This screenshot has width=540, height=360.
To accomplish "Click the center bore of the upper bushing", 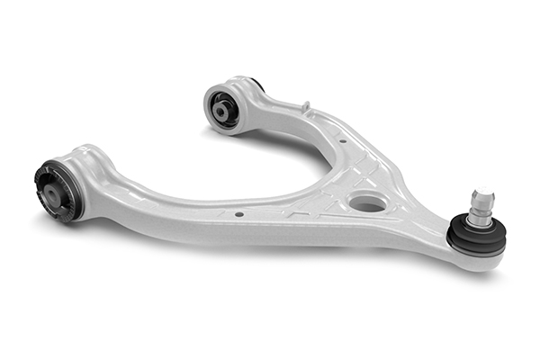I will pyautogui.click(x=221, y=110).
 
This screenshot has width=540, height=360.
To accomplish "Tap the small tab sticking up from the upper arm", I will pyautogui.click(x=306, y=108).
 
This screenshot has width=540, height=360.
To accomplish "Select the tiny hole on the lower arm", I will pyautogui.click(x=238, y=214).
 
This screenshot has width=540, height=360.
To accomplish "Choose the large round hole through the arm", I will pyautogui.click(x=367, y=203).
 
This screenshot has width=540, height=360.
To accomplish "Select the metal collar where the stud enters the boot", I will pyautogui.click(x=479, y=221).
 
